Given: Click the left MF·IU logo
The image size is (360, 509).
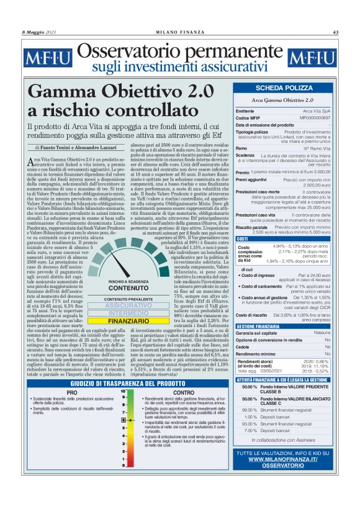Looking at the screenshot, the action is pos(47,60).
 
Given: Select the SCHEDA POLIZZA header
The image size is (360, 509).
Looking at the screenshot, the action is pos(283,89).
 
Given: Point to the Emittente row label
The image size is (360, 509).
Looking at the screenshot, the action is pos(246,110).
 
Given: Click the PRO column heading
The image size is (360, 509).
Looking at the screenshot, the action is pos(72,392).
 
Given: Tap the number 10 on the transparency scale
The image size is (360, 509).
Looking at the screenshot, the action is pos(124,392).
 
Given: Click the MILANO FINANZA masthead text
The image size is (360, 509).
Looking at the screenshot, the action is pos(179,32).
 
